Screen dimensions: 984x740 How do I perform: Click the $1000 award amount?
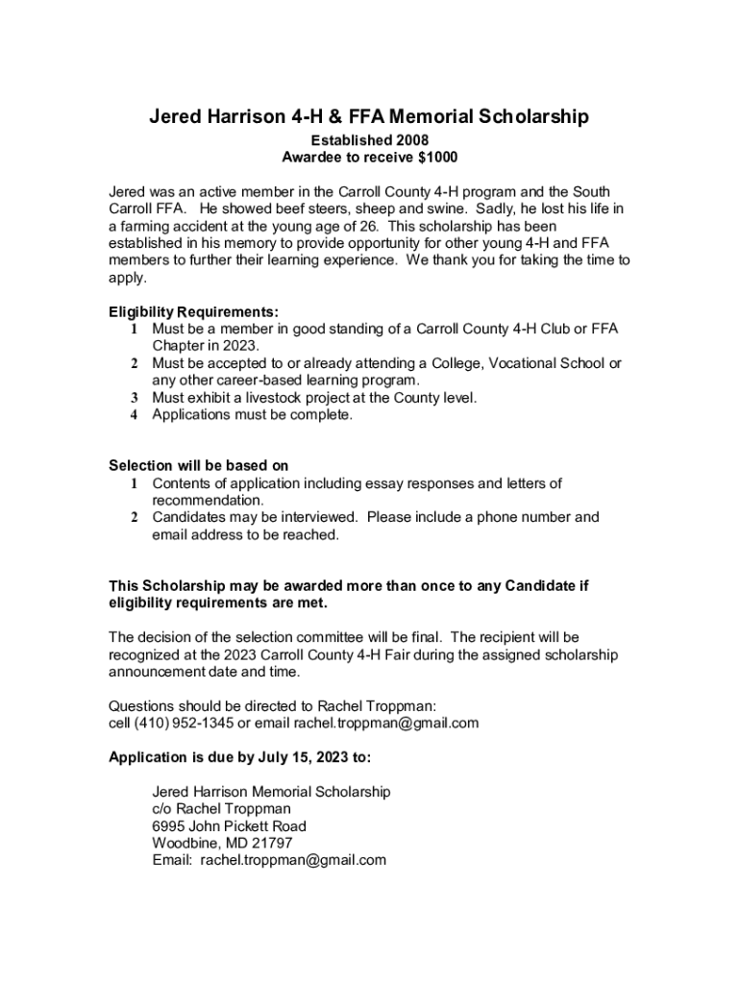click(435, 157)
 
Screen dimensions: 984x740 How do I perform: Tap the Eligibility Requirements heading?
click(194, 312)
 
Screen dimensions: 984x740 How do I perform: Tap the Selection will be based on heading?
click(198, 466)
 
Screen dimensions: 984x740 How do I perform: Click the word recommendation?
click(206, 501)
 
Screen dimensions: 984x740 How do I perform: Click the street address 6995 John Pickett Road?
click(229, 826)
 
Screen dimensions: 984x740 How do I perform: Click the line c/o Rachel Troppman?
click(221, 809)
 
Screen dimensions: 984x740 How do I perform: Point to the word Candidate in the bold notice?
click(540, 586)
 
